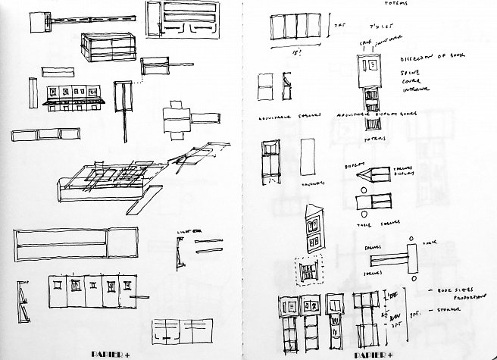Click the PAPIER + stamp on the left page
(x=114, y=353)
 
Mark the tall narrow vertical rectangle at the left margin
(x=34, y=94)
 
